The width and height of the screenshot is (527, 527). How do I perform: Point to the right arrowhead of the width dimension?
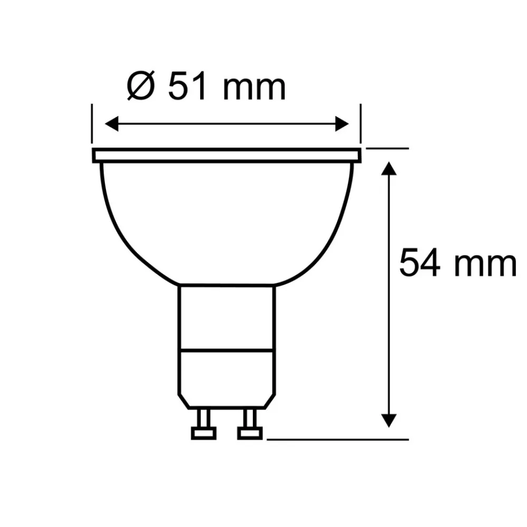(343, 125)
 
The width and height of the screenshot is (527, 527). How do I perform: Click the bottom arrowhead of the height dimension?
(388, 419)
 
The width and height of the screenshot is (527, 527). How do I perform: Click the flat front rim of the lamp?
(227, 155)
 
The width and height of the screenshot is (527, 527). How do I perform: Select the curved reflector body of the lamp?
(227, 221)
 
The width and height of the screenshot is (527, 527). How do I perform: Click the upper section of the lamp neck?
(227, 316)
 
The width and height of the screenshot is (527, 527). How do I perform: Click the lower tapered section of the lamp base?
(227, 377)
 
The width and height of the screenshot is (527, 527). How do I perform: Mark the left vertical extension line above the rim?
(92, 124)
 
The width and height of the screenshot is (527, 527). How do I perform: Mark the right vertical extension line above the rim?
(361, 124)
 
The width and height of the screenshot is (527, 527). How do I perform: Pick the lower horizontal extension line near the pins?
(337, 438)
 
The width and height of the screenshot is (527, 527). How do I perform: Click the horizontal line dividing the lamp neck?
(227, 349)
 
